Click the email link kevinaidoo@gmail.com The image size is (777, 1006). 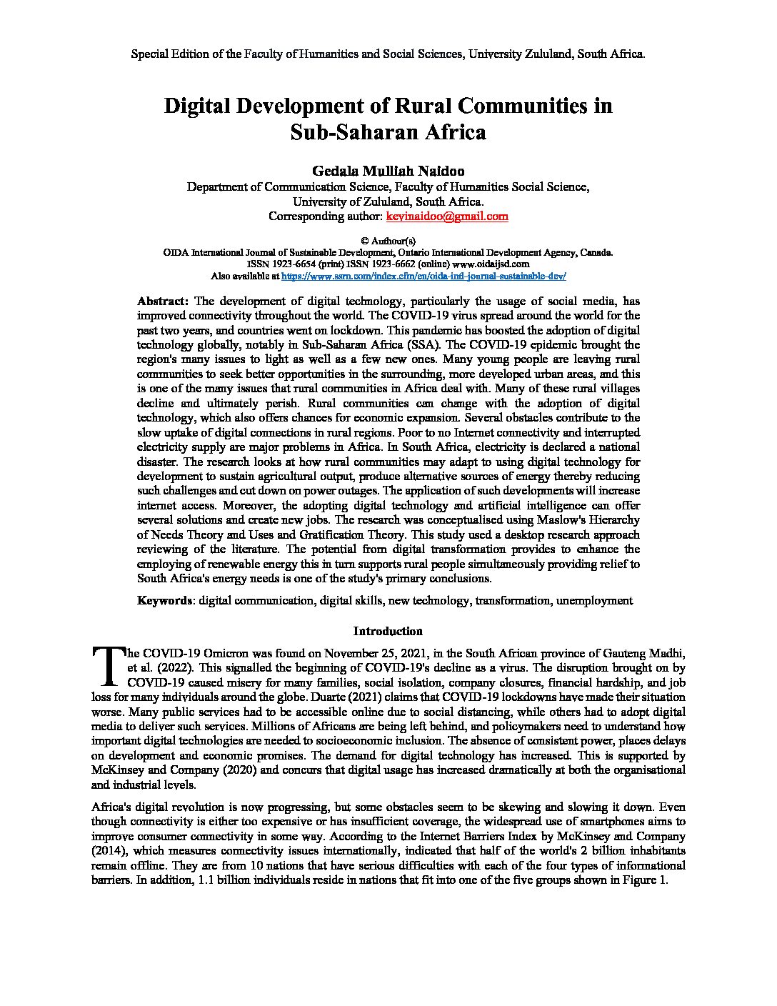coord(447,216)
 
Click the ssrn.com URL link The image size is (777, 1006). coord(424,275)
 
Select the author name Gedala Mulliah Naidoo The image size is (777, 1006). coord(388,171)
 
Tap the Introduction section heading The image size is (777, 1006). coord(388,631)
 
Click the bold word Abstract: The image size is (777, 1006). coord(163,301)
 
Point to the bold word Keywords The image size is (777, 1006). coord(164,601)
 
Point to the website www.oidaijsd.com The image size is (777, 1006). coord(494,264)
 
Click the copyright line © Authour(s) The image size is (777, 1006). coord(388,241)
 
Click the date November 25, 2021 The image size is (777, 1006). coord(375,653)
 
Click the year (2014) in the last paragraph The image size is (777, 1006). coord(111,851)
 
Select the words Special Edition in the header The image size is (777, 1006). coord(170,54)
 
